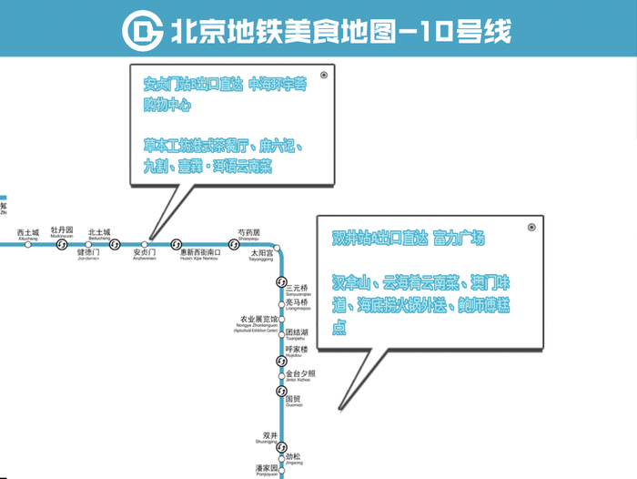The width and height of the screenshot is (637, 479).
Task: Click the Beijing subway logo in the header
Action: (143, 32)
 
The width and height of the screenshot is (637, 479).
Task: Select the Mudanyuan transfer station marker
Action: (62, 244)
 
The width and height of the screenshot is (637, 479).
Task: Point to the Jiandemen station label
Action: (87, 254)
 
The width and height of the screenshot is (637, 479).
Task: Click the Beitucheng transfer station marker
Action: (116, 244)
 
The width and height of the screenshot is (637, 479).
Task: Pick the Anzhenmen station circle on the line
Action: (144, 244)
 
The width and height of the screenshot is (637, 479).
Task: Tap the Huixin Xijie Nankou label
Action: (199, 254)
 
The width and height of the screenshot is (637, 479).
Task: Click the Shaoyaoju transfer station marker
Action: (232, 244)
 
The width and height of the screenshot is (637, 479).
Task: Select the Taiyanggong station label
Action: (262, 254)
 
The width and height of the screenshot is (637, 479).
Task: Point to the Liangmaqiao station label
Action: (298, 304)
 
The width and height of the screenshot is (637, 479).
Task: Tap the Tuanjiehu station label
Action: (300, 335)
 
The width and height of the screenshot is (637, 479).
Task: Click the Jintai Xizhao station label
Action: (300, 375)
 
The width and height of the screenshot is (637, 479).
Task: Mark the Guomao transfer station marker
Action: (281, 391)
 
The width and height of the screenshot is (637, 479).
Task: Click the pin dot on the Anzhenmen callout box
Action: (324, 76)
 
